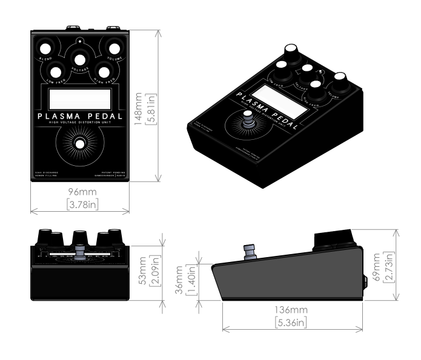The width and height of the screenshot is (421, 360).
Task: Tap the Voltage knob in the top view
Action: coord(79,59)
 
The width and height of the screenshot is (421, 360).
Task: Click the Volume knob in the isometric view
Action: coord(341,80)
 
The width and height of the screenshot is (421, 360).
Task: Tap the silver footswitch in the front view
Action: coord(79,251)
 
